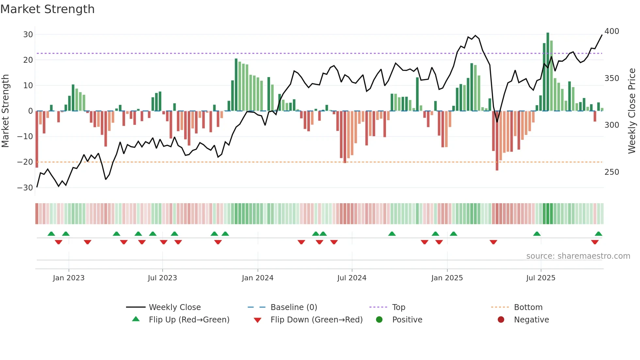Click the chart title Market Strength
pos(47,9)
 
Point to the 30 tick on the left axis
pos(28,35)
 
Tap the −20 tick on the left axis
pos(25,162)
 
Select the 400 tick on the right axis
pos(612,31)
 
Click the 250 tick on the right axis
pos(612,172)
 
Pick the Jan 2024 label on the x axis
pos(258,278)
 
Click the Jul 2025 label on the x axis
pos(541,278)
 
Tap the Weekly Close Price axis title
pos(632,111)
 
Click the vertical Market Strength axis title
pos(5,111)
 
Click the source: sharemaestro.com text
pos(578,256)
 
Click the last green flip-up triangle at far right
pos(598,234)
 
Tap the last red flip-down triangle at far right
pos(595,242)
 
